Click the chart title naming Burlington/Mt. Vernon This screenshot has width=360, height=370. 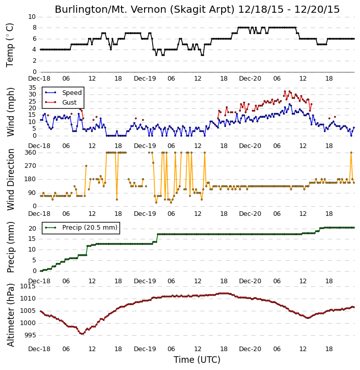click(197, 9)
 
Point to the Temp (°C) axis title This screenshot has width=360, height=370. click(10, 45)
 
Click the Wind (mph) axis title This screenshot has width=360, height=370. click(11, 112)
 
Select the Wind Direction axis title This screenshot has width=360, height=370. click(11, 180)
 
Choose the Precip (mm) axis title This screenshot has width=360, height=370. click(11, 247)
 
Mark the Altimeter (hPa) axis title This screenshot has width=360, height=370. click(11, 315)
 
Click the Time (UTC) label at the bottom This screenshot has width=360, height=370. click(197, 360)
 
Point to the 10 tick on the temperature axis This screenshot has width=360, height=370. click(32, 17)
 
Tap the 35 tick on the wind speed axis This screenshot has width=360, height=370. click(32, 88)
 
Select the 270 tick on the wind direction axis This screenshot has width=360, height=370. click(31, 166)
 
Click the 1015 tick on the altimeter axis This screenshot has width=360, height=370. click(28, 286)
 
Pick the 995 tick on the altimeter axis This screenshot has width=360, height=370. click(30, 335)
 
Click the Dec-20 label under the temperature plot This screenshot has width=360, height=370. click(250, 79)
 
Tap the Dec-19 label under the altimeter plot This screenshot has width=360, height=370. click(145, 349)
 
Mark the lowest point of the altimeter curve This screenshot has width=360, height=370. click(82, 334)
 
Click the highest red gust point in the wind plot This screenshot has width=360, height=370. click(285, 91)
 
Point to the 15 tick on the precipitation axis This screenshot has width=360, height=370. click(32, 239)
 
